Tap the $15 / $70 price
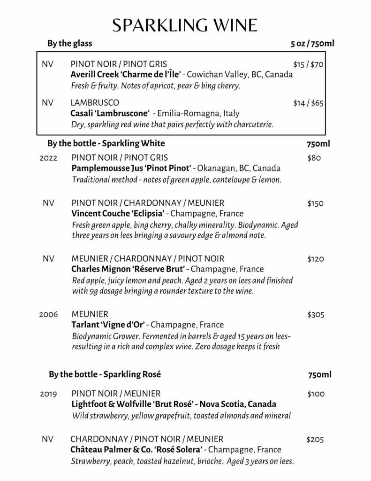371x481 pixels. (308, 64)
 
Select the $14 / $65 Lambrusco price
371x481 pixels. (308, 103)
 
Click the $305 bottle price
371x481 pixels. (316, 314)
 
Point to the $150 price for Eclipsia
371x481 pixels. (316, 203)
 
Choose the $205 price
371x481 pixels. (315, 440)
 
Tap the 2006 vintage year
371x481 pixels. (49, 314)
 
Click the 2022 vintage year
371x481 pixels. (49, 158)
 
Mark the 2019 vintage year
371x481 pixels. (49, 394)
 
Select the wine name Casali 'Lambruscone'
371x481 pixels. (110, 113)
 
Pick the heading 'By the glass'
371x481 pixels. (70, 44)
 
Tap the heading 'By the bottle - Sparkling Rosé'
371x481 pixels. (105, 374)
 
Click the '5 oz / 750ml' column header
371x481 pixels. (312, 44)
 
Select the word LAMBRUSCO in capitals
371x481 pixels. (95, 102)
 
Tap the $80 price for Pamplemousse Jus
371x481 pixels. (314, 158)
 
